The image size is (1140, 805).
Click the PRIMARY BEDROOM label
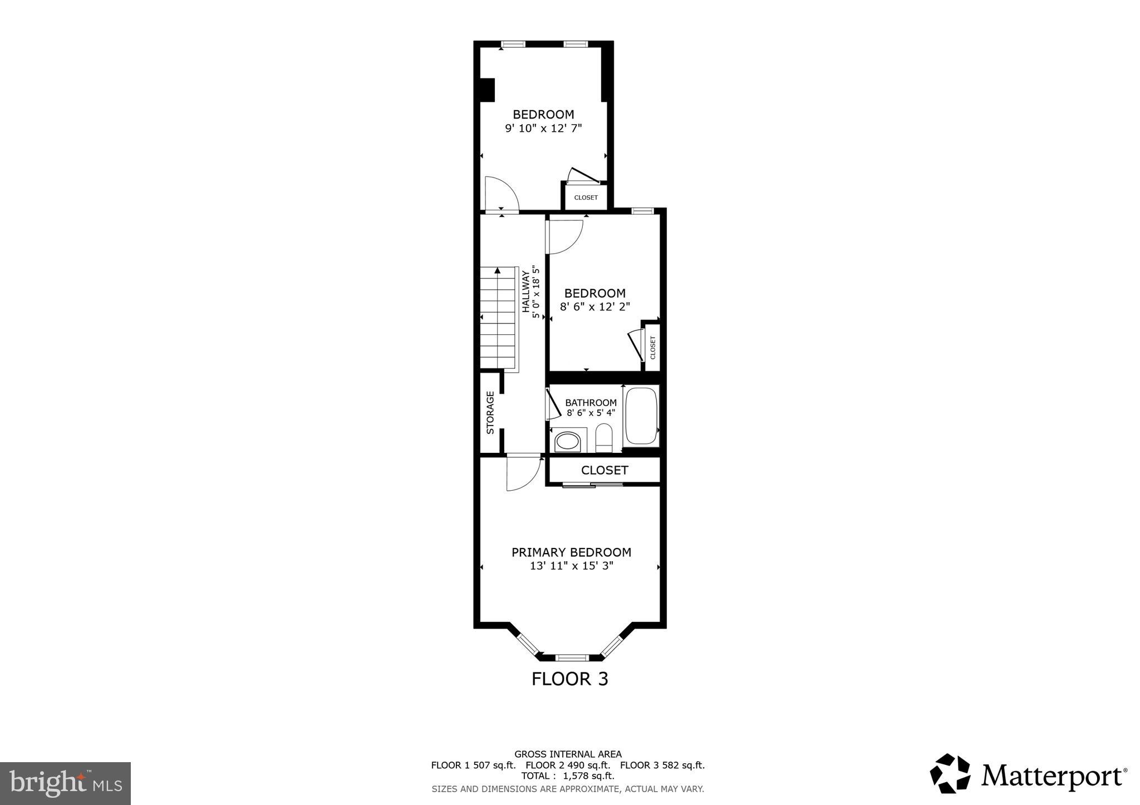pyautogui.click(x=571, y=552)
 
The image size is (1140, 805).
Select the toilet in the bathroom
pyautogui.click(x=603, y=438)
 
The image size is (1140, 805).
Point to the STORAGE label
pyautogui.click(x=490, y=413)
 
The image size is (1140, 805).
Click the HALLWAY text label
pyautogui.click(x=525, y=291)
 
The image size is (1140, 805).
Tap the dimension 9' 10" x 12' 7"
pyautogui.click(x=543, y=129)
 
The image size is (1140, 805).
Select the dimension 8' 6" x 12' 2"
pyautogui.click(x=594, y=307)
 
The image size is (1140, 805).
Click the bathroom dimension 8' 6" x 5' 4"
pyautogui.click(x=591, y=413)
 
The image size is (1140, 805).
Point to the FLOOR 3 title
pyautogui.click(x=569, y=679)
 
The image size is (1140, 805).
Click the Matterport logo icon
pyautogui.click(x=950, y=773)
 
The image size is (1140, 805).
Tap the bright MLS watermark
pyautogui.click(x=65, y=784)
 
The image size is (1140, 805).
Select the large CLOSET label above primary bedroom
pyautogui.click(x=605, y=471)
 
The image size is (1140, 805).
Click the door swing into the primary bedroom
pyautogui.click(x=523, y=473)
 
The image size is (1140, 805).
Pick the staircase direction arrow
pyautogui.click(x=498, y=271)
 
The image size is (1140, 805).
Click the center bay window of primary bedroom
pyautogui.click(x=572, y=658)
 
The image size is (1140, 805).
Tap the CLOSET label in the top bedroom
pyautogui.click(x=586, y=197)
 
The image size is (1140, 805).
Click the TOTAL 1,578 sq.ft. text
pyautogui.click(x=568, y=776)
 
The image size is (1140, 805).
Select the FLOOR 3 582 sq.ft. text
pyautogui.click(x=662, y=765)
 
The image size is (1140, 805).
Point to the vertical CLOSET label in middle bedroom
pyautogui.click(x=653, y=348)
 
